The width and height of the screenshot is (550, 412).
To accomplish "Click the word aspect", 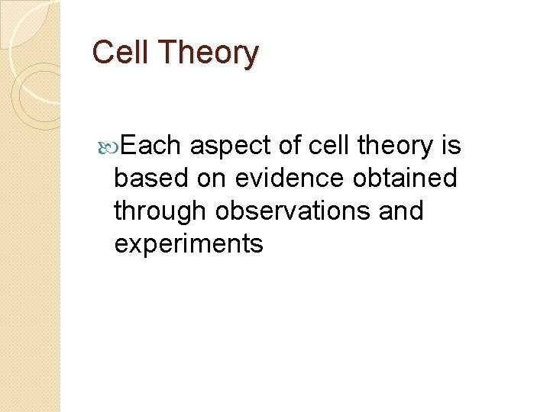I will [x=236, y=146].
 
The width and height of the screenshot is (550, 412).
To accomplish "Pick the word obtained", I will [x=406, y=178].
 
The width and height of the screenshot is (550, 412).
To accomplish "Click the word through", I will [x=161, y=211].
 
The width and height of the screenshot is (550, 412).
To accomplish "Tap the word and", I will [x=401, y=211].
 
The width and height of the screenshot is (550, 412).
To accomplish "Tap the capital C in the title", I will [x=102, y=53].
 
